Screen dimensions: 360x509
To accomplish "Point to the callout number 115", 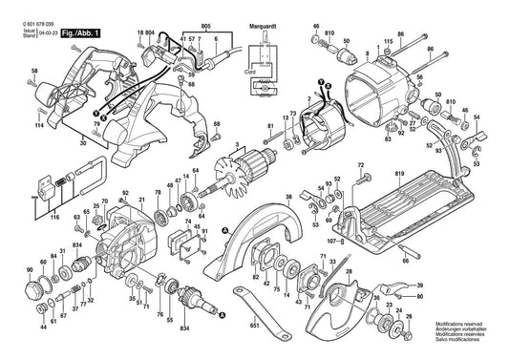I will (x=387, y=43).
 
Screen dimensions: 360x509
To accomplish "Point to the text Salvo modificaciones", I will (x=457, y=345).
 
